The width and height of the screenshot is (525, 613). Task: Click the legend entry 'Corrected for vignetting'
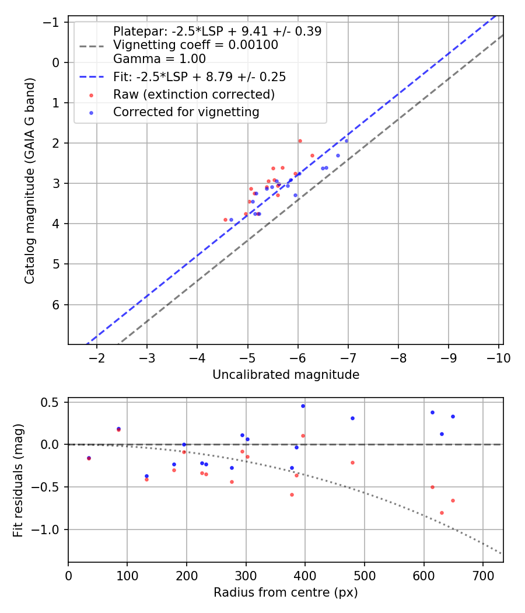pyautogui.click(x=186, y=112)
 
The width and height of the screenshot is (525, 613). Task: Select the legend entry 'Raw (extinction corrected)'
pyautogui.click(x=194, y=95)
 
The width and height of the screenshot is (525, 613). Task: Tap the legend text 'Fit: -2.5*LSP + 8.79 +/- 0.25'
pyautogui.click(x=199, y=77)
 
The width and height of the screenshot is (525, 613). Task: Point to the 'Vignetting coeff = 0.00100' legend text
pyautogui.click(x=195, y=45)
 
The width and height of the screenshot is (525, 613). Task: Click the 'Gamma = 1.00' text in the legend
pyautogui.click(x=159, y=58)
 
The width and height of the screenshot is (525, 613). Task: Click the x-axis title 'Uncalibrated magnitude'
pyautogui.click(x=286, y=375)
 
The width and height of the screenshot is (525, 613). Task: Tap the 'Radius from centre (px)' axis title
pyautogui.click(x=285, y=593)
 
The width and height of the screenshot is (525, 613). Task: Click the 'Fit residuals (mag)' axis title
pyautogui.click(x=18, y=480)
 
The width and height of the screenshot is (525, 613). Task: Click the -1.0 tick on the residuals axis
pyautogui.click(x=48, y=530)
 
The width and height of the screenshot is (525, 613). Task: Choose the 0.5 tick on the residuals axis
pyautogui.click(x=51, y=402)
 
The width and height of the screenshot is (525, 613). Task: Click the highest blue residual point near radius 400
pyautogui.click(x=303, y=406)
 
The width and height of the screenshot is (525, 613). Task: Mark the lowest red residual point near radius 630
pyautogui.click(x=442, y=513)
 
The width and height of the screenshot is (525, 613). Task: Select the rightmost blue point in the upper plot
pyautogui.click(x=346, y=141)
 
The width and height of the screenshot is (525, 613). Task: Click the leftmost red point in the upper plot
pyautogui.click(x=225, y=220)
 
